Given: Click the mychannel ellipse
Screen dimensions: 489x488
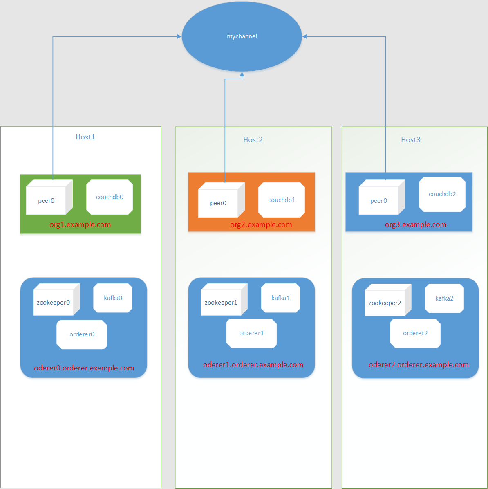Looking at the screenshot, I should pos(242,36).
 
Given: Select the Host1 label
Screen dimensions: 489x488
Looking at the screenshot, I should pos(85,137).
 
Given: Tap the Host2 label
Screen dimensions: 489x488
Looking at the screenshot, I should pos(253,140).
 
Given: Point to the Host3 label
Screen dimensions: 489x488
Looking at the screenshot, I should pos(410,140).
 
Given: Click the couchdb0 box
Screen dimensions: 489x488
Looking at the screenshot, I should pos(110,197).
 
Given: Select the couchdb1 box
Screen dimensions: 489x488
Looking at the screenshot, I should pos(282,200).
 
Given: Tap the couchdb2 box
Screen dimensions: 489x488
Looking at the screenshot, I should pos(442,194).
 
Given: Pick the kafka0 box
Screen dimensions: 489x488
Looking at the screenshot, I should pos(113,298).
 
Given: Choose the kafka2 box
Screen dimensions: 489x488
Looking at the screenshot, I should pos(444,298).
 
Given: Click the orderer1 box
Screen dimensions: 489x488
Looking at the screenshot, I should pos(251,333).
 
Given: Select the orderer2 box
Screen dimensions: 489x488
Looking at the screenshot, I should pos(415,333).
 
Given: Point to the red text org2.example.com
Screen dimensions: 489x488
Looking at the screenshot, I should pos(261,224).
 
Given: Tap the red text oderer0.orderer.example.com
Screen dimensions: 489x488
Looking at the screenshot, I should pos(84,368).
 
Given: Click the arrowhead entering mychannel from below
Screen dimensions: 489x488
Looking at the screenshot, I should pos(242,74).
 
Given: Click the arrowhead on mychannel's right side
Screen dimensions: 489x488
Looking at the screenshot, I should pos(305,37).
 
